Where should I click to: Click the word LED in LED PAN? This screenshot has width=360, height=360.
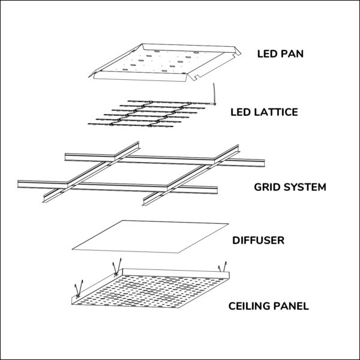pos(267,54)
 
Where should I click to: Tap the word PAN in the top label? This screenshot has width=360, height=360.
pos(292,54)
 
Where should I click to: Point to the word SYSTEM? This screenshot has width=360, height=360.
pos(305,187)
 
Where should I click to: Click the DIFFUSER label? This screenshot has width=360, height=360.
pos(258,241)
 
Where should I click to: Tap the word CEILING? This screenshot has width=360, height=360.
pos(249,306)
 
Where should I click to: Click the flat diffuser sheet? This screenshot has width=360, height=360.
pos(151,237)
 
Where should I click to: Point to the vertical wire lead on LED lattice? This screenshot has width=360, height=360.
pos(214,94)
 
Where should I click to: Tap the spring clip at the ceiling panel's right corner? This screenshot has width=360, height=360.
pos(223,267)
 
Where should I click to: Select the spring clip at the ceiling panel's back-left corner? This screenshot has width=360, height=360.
pos(116,267)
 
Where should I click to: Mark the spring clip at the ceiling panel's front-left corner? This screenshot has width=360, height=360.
pos(78,289)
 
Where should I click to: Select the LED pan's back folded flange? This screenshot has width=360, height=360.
pos(191,48)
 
